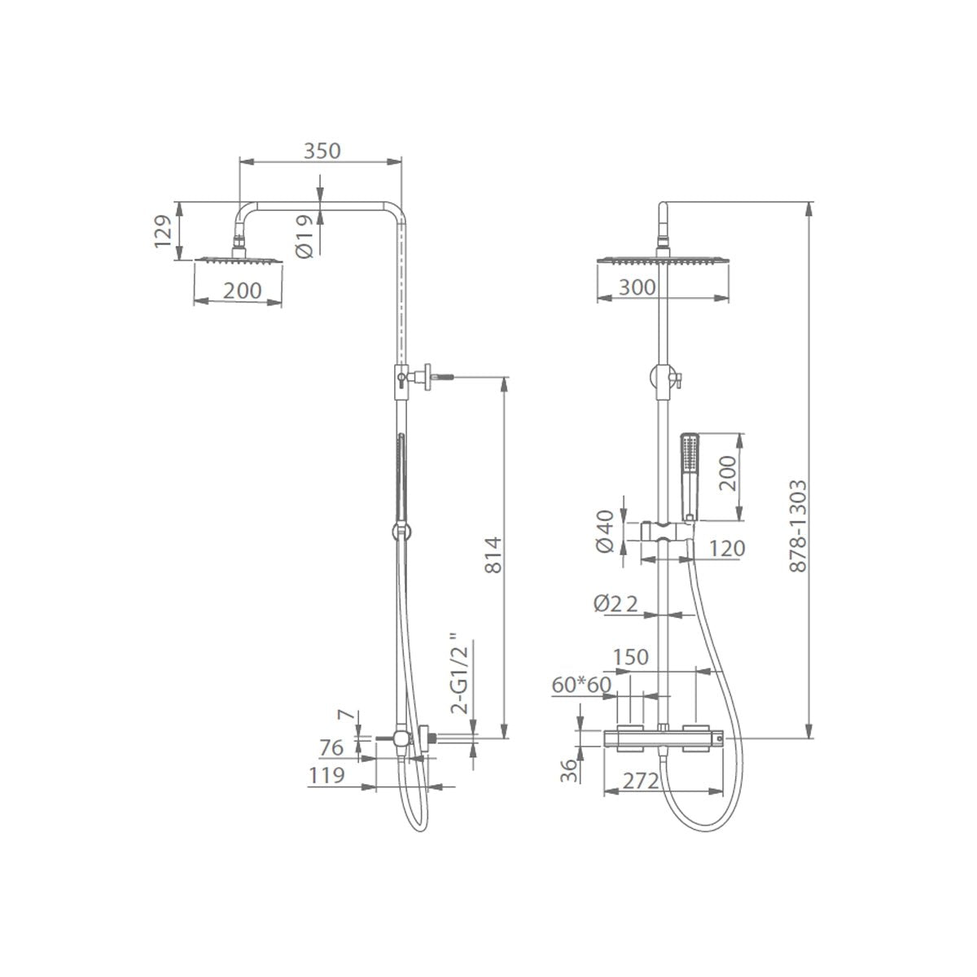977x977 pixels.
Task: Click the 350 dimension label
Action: pos(322,151)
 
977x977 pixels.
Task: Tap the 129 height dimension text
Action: pos(164,231)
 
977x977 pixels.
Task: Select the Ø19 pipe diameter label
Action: pos(304,237)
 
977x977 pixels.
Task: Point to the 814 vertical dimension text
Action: pos(493,555)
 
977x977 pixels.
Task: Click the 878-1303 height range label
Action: pos(798,526)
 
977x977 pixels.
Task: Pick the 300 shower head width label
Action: pos(637,287)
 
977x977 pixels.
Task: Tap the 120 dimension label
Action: pos(726,548)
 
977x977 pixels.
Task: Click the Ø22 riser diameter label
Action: pos(615,603)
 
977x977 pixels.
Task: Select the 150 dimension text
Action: pos(631,657)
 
